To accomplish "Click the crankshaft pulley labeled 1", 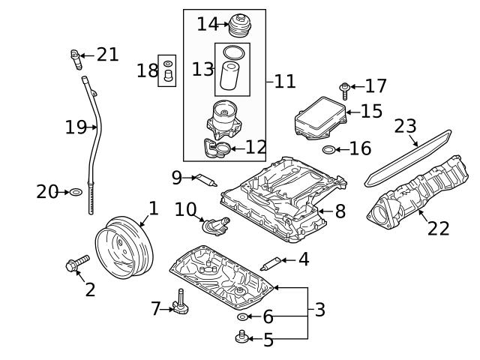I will [124, 247].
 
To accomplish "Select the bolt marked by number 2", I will [76, 263].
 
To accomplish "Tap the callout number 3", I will [319, 309].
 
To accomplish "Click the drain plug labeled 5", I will [242, 339].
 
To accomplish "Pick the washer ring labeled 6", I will [241, 317].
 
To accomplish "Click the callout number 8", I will [340, 211].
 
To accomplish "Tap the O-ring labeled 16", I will [328, 150].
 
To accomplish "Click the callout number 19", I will [76, 127].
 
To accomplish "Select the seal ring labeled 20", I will [76, 193].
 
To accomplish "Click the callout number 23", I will [405, 125].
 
